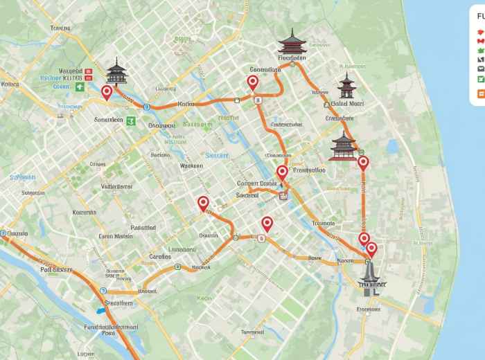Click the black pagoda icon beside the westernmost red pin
pos(117,71)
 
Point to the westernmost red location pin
pos(107,93)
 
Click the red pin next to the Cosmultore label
pos(252,83)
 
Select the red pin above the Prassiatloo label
pos(282,173)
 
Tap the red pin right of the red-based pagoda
pos(363,164)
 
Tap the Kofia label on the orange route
pos(186,104)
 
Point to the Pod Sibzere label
pos(56,269)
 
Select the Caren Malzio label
pos(115,236)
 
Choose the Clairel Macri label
pos(347,104)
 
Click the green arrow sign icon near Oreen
pos(80,87)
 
